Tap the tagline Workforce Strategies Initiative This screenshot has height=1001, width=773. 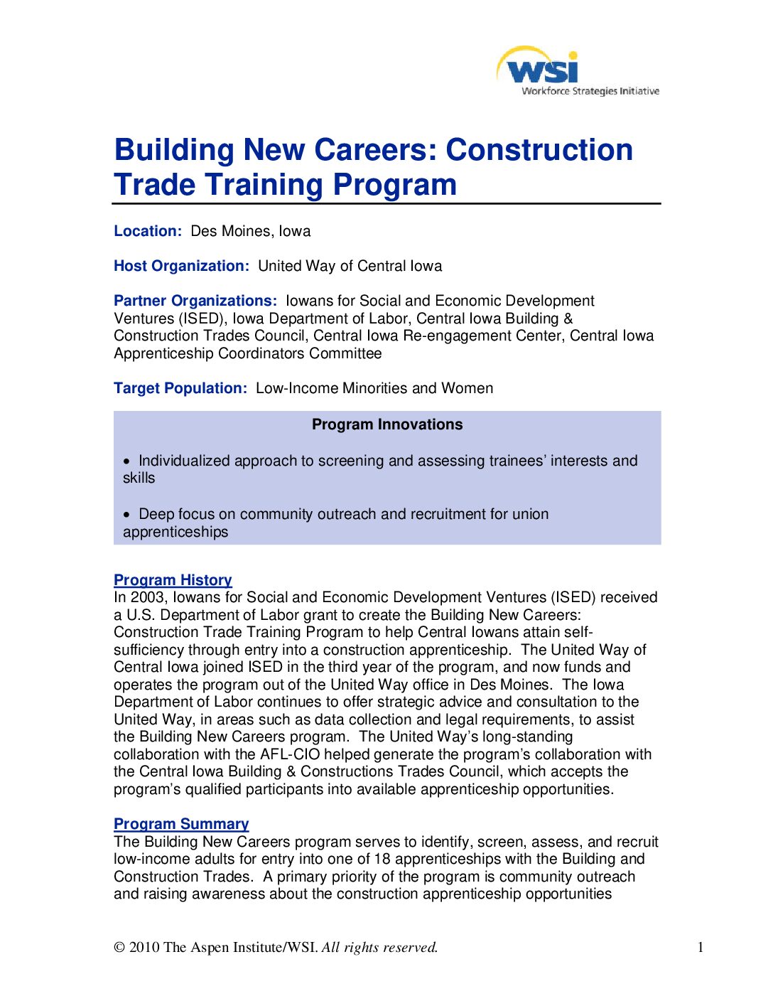pos(590,91)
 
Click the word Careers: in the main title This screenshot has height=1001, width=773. pos(376,150)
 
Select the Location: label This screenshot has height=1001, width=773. pos(148,231)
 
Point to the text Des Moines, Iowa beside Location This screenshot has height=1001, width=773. pos(250,231)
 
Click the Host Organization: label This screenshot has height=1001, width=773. pos(181,266)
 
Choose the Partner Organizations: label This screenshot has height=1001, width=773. pos(195,301)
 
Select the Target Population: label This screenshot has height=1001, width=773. pos(180,388)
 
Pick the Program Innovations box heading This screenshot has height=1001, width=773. pos(387,424)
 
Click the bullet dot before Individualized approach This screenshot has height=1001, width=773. pos(127,461)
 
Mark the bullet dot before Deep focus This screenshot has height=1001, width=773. pos(127,515)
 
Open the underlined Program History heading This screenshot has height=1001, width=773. pos(173,580)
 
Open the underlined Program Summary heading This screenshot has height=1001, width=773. pos(181,824)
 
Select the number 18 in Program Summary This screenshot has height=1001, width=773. pos(382,859)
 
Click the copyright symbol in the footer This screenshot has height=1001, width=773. pos(119,947)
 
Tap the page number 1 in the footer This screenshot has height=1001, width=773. pos(701,947)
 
